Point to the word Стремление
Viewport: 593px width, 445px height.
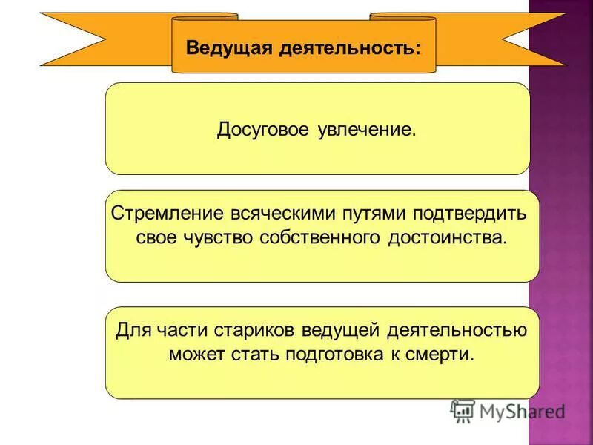coord(161,214)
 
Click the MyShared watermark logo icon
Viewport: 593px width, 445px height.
coord(463,411)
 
